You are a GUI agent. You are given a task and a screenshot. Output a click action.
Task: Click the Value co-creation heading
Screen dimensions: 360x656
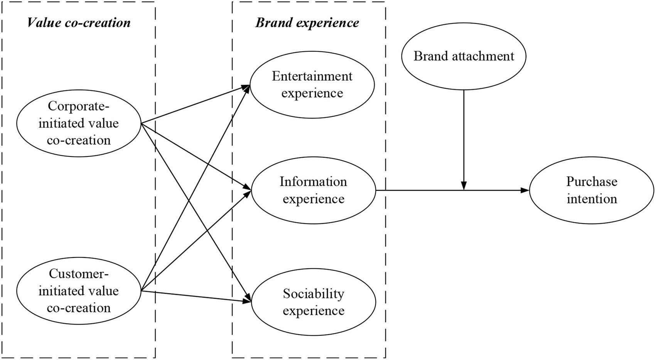click(79, 23)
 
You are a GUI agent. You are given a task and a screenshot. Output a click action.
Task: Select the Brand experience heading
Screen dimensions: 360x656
click(307, 23)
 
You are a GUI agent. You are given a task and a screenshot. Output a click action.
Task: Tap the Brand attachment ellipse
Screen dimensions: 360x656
click(464, 56)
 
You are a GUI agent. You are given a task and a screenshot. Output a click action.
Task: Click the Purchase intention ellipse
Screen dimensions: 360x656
click(592, 190)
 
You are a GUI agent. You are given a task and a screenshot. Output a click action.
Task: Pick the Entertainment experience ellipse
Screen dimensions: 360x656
click(312, 85)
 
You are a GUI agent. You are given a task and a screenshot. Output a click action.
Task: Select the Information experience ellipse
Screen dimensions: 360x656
click(313, 190)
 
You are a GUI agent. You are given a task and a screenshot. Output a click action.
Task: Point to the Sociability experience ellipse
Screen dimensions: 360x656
click(313, 302)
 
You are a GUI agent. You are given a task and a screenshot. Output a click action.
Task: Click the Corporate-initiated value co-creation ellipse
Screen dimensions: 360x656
click(79, 123)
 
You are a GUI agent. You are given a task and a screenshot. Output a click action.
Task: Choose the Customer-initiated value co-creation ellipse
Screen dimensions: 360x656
click(79, 291)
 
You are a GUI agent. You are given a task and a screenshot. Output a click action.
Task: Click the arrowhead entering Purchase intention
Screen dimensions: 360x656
click(525, 190)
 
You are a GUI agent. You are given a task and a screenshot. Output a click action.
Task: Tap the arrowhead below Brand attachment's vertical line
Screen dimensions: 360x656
click(464, 186)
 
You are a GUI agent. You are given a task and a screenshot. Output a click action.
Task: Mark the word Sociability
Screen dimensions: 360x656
click(313, 294)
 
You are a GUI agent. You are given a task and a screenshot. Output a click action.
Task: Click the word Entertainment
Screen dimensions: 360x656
click(312, 76)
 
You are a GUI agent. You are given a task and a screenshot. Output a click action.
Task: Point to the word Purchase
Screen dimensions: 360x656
click(592, 182)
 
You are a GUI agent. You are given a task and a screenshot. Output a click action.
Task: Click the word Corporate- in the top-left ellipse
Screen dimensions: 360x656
click(79, 106)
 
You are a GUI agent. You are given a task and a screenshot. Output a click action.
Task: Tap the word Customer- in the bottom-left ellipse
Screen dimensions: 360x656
click(79, 274)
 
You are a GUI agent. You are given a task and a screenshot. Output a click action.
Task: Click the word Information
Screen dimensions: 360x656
click(313, 182)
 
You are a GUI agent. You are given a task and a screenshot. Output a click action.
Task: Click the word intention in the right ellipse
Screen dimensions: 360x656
click(592, 199)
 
